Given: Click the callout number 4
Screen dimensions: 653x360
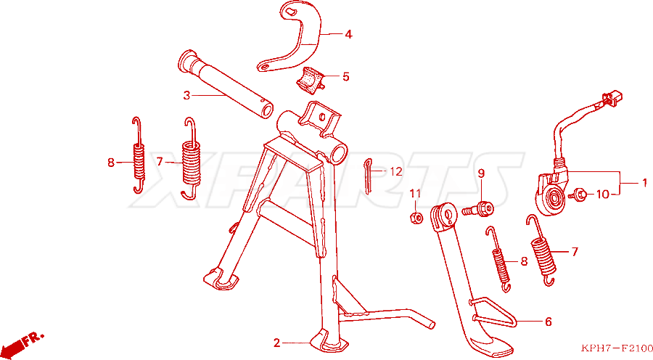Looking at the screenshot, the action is pyautogui.click(x=348, y=34).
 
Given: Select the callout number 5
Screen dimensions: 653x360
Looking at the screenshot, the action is pyautogui.click(x=345, y=77).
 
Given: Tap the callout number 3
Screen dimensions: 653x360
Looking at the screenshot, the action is pyautogui.click(x=186, y=95).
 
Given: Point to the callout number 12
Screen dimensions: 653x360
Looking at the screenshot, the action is pyautogui.click(x=396, y=171).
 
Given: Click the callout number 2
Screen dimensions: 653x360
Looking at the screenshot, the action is pyautogui.click(x=277, y=343).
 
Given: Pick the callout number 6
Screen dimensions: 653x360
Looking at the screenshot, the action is pyautogui.click(x=549, y=322).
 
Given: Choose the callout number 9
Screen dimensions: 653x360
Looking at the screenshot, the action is pyautogui.click(x=481, y=173).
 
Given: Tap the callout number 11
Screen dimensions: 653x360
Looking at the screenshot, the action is pyautogui.click(x=415, y=193).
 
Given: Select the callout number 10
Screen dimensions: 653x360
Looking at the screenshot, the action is pyautogui.click(x=603, y=194).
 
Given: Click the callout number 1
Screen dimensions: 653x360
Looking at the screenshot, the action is pyautogui.click(x=644, y=182).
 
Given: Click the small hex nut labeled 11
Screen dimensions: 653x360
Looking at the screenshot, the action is pyautogui.click(x=416, y=217).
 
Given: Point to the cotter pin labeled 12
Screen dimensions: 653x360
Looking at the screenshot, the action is pyautogui.click(x=367, y=176).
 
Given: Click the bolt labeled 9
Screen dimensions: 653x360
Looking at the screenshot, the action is pyautogui.click(x=477, y=209).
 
